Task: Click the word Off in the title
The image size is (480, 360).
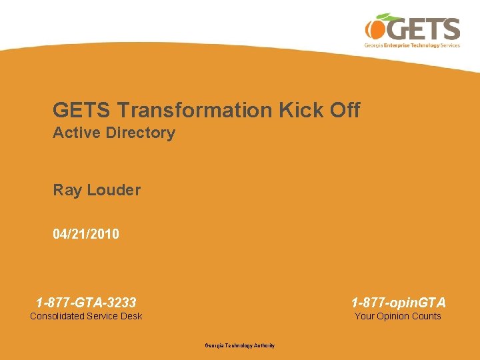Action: pos(344,110)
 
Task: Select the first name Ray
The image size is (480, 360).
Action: pos(67,191)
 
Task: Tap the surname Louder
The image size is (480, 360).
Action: pos(113,191)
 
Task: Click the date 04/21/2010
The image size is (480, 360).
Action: pos(86,234)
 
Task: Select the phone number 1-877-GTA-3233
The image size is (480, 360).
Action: pos(86,303)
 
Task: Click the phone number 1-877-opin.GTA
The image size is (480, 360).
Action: pos(399,303)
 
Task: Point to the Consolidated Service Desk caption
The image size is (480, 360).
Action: pos(86,316)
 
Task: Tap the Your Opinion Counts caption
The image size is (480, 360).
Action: pos(398,316)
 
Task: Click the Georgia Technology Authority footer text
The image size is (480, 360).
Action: pos(239,345)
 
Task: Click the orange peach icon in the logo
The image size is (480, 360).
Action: pos(374,29)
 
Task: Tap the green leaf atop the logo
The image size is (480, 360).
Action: pos(386,17)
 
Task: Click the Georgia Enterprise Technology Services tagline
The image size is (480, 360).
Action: pos(412,46)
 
